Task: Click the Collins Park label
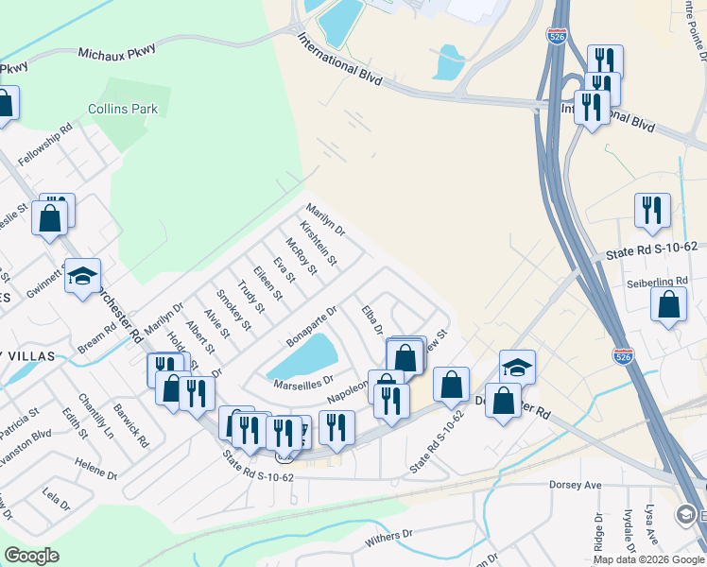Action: point(123,109)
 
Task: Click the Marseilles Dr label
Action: point(304,382)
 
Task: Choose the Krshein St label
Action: point(319,244)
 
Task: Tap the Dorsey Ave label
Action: point(575,485)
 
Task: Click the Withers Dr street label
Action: point(389,539)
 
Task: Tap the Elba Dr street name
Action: point(371,319)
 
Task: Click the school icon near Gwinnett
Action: point(83,277)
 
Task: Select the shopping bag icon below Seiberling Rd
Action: point(669,306)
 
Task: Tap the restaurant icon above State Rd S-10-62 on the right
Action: point(652,212)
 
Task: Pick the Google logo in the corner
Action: point(32,556)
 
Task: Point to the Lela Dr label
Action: point(57,499)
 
